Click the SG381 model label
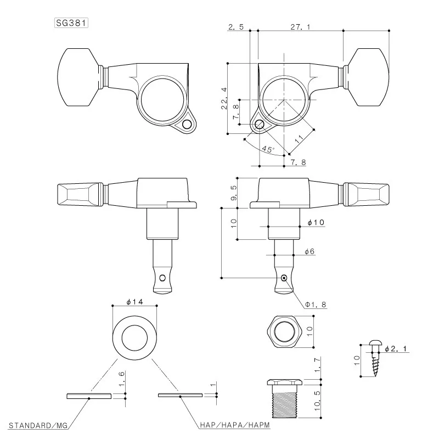pos(72,24)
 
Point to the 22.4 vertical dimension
pos(223,98)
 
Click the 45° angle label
pos(267,149)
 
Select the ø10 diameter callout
pos(317,222)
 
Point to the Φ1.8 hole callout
pos(316,303)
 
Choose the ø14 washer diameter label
pos(134,301)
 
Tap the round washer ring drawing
pos(134,337)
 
